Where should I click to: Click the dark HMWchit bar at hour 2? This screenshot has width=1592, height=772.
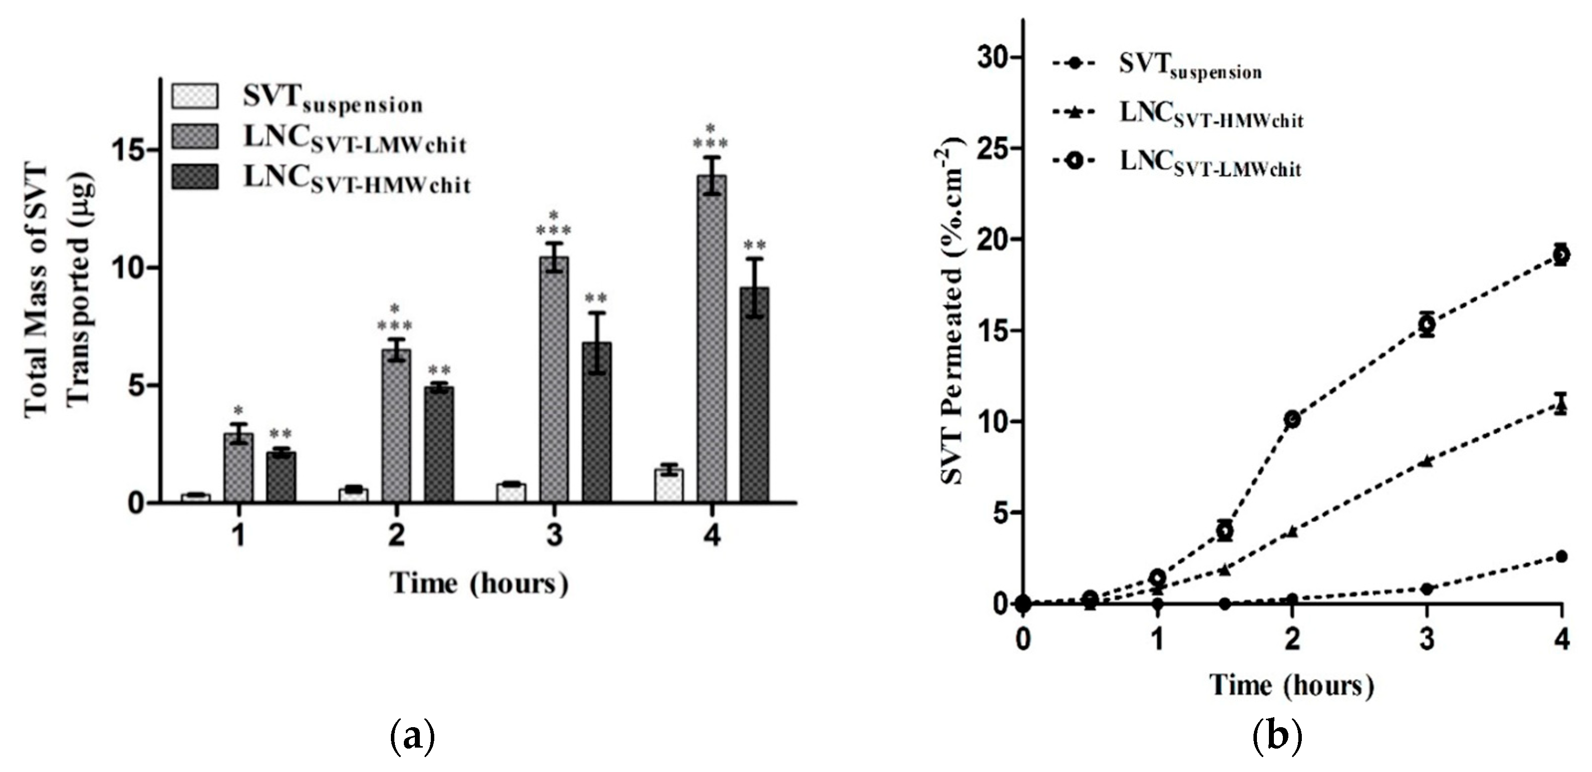click(439, 444)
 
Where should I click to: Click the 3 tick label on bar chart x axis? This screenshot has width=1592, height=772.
click(554, 535)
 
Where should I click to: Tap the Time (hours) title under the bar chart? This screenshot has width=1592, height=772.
click(479, 584)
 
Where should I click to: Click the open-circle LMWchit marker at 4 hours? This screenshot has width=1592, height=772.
click(1561, 255)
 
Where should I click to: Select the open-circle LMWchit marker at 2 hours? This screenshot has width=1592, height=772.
click(1292, 419)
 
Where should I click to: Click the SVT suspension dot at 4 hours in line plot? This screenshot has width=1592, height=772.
click(1561, 556)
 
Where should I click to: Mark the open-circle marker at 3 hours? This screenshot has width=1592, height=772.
click(1426, 324)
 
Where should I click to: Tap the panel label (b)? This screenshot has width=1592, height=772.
click(1277, 736)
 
